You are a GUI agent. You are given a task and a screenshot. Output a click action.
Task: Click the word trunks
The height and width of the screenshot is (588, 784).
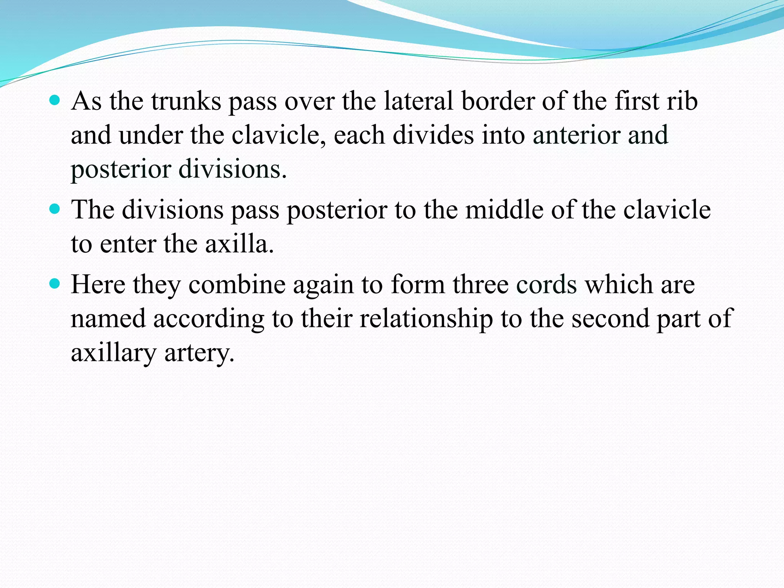tap(186, 101)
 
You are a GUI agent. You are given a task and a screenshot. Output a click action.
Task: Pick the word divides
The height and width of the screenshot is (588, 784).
tap(433, 135)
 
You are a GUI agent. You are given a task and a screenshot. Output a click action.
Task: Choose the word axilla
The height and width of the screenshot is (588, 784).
tap(239, 244)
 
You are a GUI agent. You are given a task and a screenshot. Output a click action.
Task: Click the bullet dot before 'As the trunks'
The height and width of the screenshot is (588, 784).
tap(55, 100)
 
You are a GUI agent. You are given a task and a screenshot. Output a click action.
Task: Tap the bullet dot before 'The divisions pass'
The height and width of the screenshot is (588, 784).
tap(55, 209)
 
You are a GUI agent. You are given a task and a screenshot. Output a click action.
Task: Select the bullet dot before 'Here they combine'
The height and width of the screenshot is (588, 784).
tap(55, 284)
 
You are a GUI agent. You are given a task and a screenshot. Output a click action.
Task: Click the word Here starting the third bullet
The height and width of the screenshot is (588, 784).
tap(98, 285)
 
